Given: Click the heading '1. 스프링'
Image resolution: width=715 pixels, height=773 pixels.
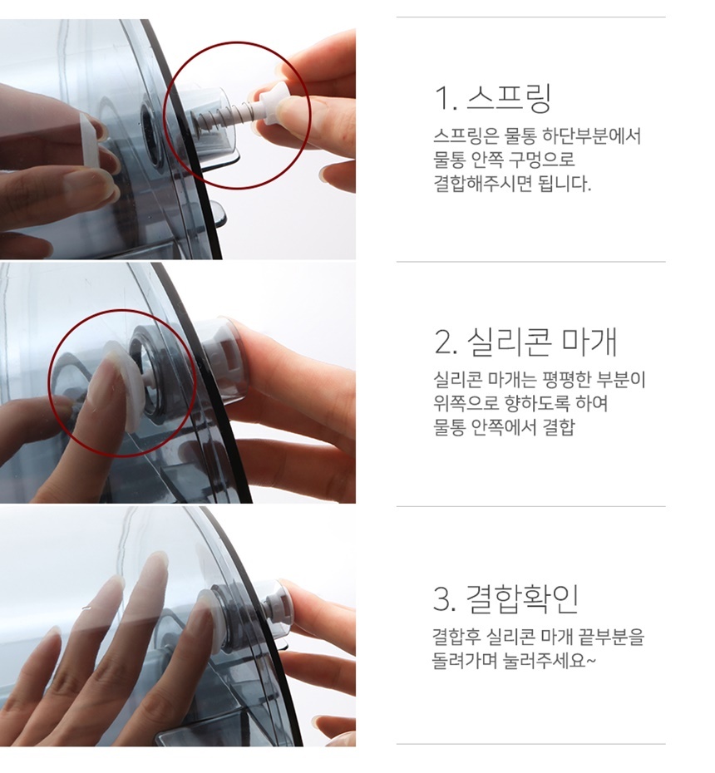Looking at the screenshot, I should (492, 98).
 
